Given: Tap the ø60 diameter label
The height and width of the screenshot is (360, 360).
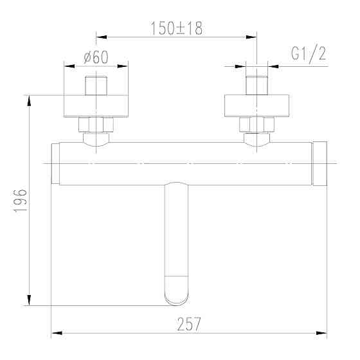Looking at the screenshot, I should tap(96, 57).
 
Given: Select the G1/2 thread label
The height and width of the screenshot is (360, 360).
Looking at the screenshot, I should tap(309, 55).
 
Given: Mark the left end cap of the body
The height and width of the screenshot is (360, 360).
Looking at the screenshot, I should tap(55, 163).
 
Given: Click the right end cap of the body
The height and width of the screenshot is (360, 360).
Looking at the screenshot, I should tap(320, 163).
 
